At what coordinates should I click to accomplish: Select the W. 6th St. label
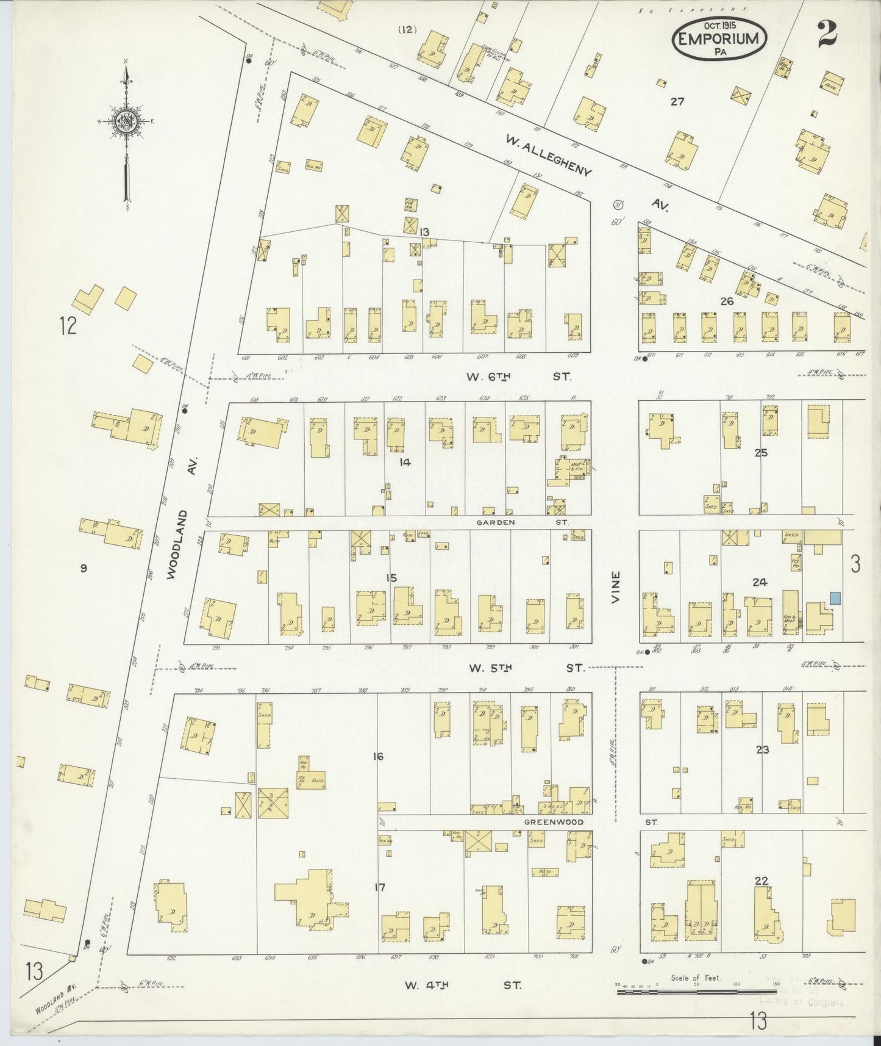[519, 377]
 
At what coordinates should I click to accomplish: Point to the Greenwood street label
[554, 822]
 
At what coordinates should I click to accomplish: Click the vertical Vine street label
[616, 587]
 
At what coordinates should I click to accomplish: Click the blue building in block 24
[835, 598]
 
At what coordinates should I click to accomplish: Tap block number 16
[378, 757]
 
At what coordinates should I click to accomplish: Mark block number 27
[677, 102]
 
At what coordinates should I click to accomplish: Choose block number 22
[761, 880]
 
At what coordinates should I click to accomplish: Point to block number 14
[405, 462]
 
